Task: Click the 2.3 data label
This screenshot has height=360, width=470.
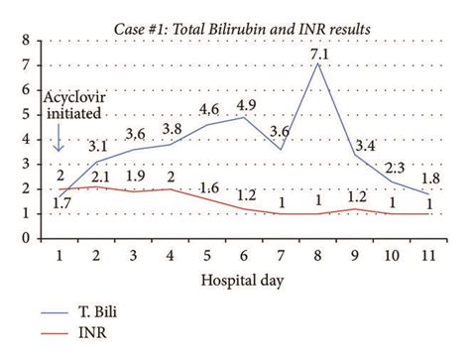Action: click(x=394, y=169)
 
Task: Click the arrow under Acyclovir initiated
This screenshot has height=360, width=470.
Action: click(x=59, y=144)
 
